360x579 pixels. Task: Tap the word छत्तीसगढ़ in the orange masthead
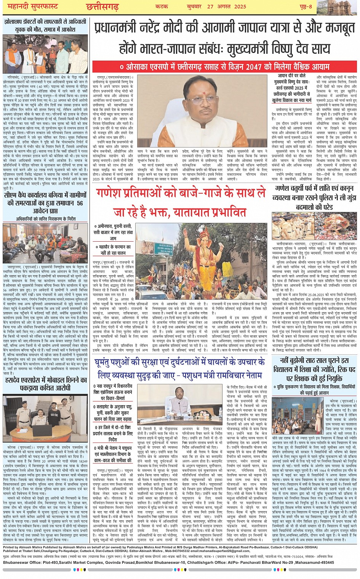[x=102, y=6]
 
